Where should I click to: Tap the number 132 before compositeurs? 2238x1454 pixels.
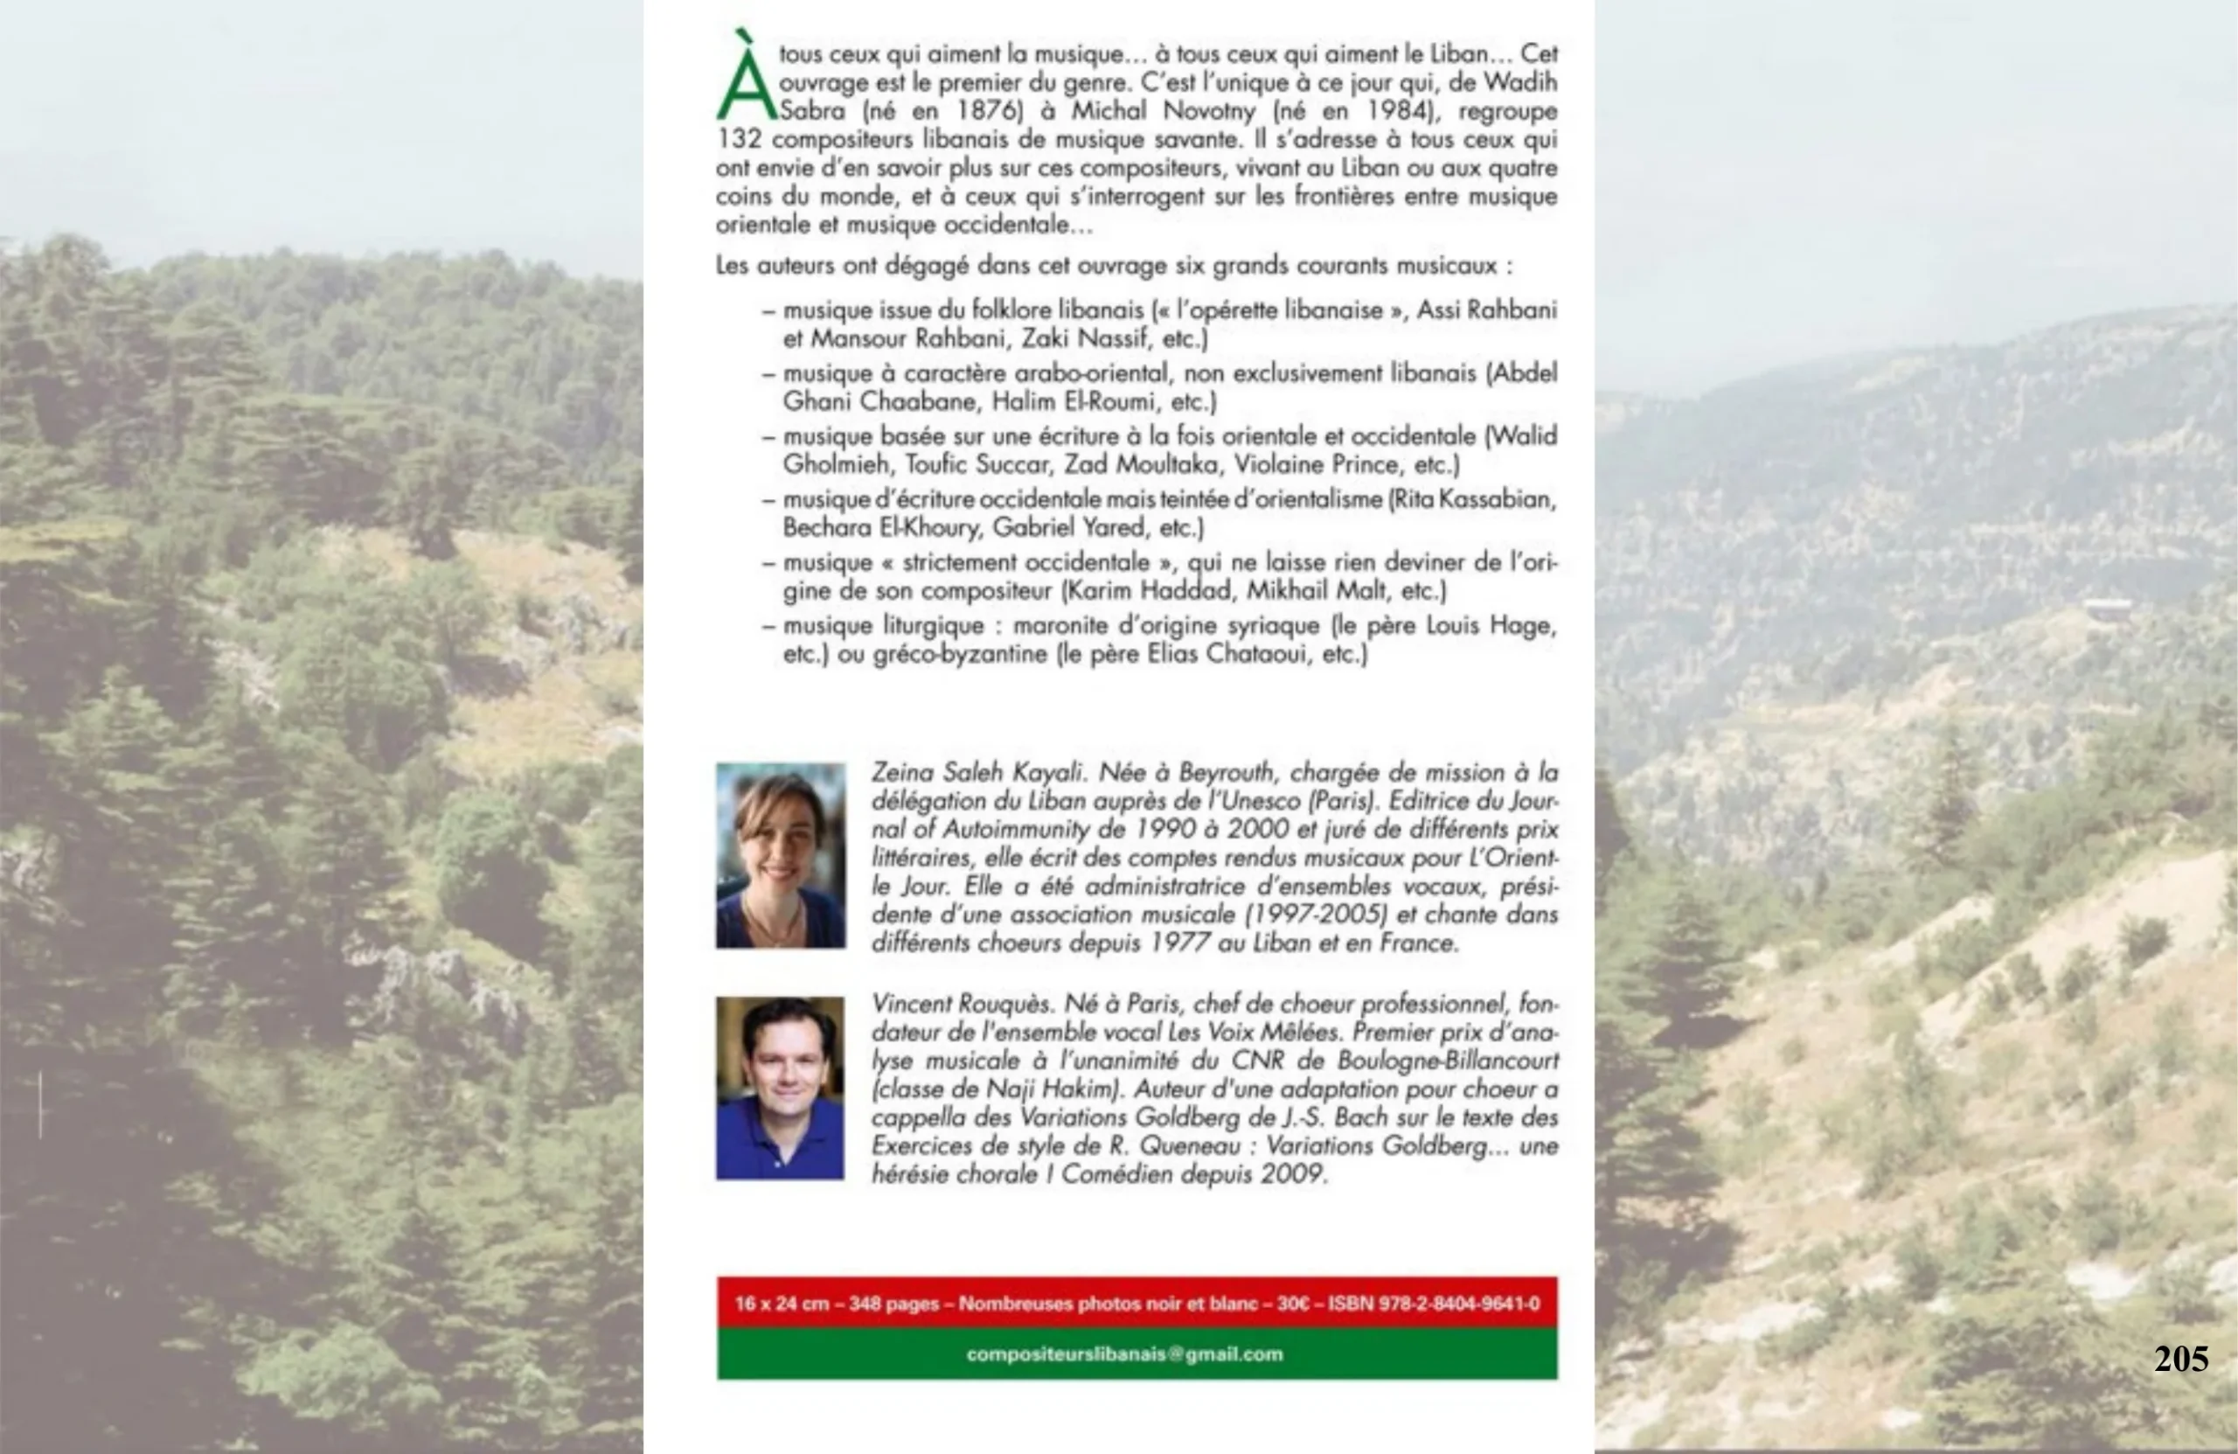click(x=738, y=139)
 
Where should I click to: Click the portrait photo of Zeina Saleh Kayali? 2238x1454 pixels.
click(x=781, y=855)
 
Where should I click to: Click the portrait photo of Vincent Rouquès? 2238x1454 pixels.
click(x=780, y=1089)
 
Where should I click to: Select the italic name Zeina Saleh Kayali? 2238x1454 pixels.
click(x=978, y=773)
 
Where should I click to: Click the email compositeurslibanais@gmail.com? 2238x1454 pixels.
click(x=1124, y=1354)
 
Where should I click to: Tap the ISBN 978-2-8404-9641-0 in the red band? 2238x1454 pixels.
click(x=1433, y=1304)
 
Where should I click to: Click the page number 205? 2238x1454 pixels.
click(x=2180, y=1359)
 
